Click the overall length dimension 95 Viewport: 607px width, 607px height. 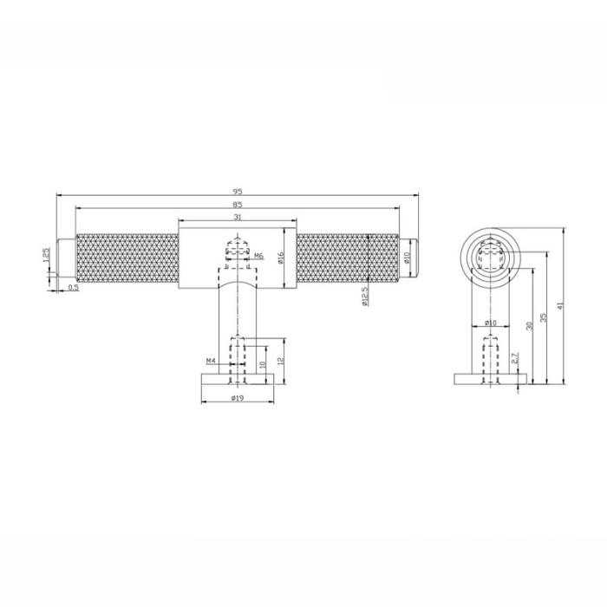(237, 190)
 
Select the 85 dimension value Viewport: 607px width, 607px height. (237, 205)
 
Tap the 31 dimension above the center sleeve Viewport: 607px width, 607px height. (237, 217)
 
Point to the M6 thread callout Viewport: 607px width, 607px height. (258, 256)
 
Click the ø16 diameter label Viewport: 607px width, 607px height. (282, 258)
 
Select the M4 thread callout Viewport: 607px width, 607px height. (210, 360)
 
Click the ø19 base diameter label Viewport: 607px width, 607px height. (237, 399)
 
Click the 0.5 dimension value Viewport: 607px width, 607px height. (73, 288)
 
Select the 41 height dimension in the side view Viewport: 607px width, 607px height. (561, 306)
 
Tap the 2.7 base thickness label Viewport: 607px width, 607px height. (514, 358)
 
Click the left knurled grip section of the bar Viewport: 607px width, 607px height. (127, 258)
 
